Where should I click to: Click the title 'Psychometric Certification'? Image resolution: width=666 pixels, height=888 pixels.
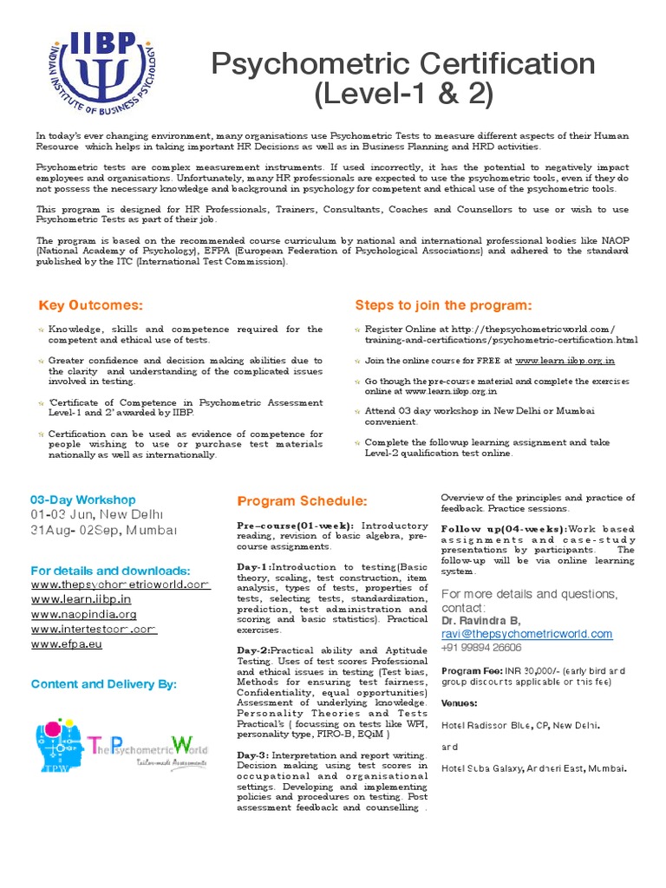tap(404, 64)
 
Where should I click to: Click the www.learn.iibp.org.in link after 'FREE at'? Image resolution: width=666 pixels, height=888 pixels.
tap(565, 360)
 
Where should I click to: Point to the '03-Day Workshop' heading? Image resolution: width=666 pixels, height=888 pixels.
tap(83, 499)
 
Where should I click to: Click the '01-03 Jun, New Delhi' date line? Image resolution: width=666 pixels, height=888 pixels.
tap(98, 514)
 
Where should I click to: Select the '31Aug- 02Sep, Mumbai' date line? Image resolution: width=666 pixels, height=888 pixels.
tap(104, 530)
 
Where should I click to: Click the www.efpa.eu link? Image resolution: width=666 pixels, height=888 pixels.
tap(68, 644)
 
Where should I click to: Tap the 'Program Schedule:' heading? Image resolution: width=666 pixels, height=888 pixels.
tap(302, 502)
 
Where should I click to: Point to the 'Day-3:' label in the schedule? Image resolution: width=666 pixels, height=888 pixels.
tap(255, 755)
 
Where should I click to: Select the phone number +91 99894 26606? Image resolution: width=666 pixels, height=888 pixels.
tap(481, 648)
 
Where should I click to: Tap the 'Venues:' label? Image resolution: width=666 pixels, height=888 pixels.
tap(460, 702)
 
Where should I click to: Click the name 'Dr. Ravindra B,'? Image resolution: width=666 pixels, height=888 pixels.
tap(481, 621)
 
